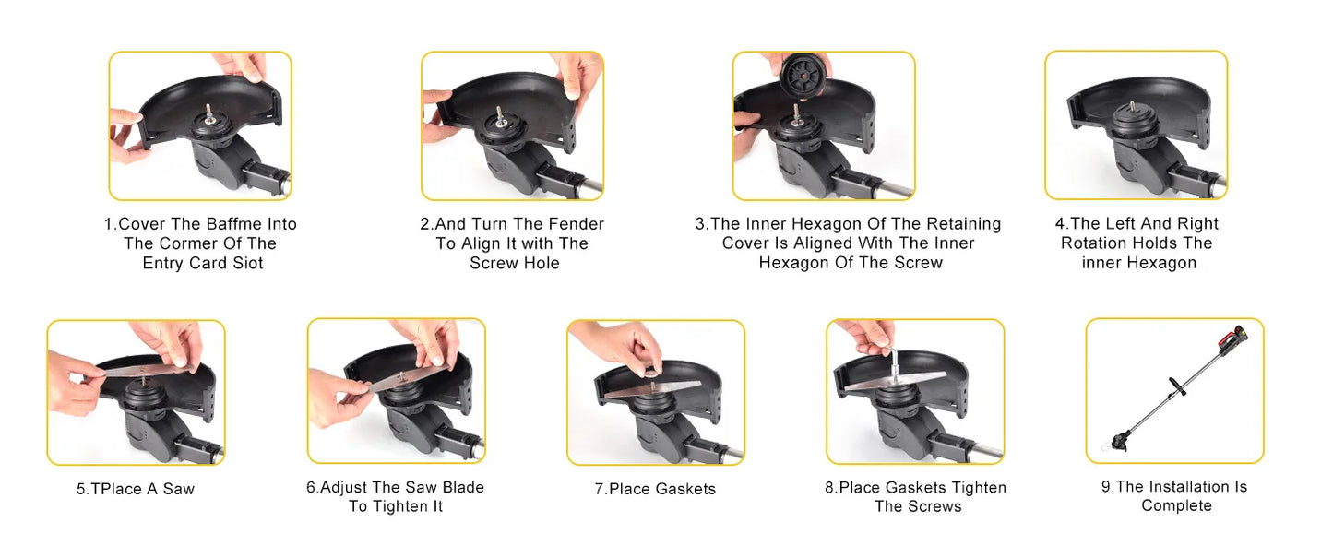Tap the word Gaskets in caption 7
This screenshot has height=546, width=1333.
[684, 489]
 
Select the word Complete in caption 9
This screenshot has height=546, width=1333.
[1176, 505]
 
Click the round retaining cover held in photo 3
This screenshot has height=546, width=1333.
[803, 77]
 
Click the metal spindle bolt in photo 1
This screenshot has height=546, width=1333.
[209, 113]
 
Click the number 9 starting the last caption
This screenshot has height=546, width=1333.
[1106, 487]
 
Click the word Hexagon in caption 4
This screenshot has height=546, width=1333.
[1162, 262]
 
